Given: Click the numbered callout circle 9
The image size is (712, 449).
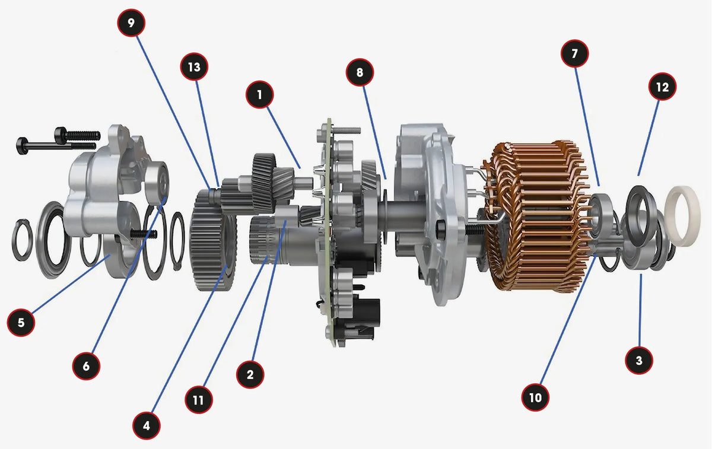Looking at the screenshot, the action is (131, 23).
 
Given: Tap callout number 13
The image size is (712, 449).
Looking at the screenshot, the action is (194, 67).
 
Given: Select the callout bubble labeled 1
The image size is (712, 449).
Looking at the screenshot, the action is (260, 95).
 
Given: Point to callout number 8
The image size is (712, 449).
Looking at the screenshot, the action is (360, 72).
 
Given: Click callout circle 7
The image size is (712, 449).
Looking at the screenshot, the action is (575, 53).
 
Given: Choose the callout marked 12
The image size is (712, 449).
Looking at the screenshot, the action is (663, 87).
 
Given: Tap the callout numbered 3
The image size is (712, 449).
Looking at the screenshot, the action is (639, 361).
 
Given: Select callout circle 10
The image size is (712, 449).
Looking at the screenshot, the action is (536, 397).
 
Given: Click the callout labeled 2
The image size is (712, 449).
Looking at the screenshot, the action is (250, 374).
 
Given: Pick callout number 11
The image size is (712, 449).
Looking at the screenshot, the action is (199, 400).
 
